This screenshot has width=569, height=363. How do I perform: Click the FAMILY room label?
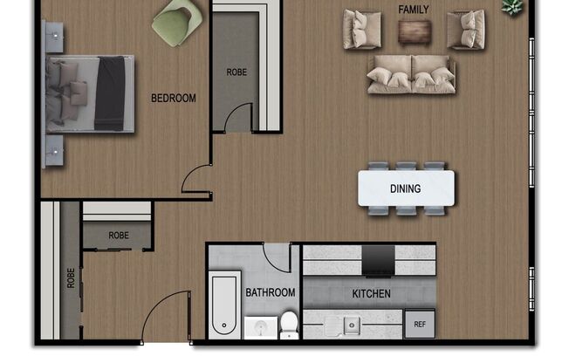[x=413, y=10]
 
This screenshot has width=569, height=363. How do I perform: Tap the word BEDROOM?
[x=174, y=99]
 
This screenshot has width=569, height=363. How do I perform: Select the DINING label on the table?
[x=406, y=188]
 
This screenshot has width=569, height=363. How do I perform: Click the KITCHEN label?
[x=371, y=294]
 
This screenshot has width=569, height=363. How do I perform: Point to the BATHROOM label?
[x=270, y=293]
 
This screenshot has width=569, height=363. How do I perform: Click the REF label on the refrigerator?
[x=419, y=323]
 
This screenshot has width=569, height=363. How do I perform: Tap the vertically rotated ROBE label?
[x=70, y=277]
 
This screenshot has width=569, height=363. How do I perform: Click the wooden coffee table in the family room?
[x=414, y=31]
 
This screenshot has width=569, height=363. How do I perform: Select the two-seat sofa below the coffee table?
[x=412, y=74]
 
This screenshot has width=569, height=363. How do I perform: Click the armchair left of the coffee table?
[x=362, y=30]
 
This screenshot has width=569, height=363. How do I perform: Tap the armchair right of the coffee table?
[x=465, y=30]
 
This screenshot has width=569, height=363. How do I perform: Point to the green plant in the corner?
[x=512, y=7]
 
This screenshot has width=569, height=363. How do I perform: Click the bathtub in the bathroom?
[x=223, y=305]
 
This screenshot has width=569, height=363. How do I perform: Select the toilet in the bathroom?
[x=289, y=324]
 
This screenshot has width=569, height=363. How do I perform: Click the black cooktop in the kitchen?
[x=378, y=259]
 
